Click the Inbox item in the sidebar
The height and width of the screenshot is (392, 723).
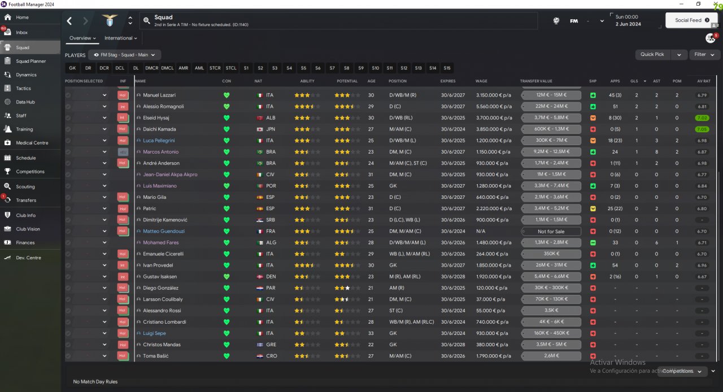(22, 32)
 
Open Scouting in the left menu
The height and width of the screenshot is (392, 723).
(25, 186)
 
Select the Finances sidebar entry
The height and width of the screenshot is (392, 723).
(25, 242)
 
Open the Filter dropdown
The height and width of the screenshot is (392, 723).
(704, 55)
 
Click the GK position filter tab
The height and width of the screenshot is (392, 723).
(72, 68)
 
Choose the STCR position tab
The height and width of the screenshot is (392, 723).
(215, 68)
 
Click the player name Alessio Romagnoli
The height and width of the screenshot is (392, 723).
(163, 106)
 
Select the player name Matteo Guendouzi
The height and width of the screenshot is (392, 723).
(163, 231)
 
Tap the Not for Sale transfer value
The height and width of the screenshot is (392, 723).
(551, 231)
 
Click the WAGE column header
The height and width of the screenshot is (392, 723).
(481, 81)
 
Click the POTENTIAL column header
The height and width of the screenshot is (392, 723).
(347, 81)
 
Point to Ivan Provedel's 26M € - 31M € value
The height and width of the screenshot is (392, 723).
(551, 265)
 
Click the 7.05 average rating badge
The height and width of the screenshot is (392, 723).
(701, 129)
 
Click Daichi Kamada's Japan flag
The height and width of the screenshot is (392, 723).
(259, 129)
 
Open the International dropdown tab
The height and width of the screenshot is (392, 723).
(121, 38)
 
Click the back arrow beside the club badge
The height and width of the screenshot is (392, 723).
(69, 21)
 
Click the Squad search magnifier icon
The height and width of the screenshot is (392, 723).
(147, 21)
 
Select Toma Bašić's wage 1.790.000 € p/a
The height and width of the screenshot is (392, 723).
(494, 356)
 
